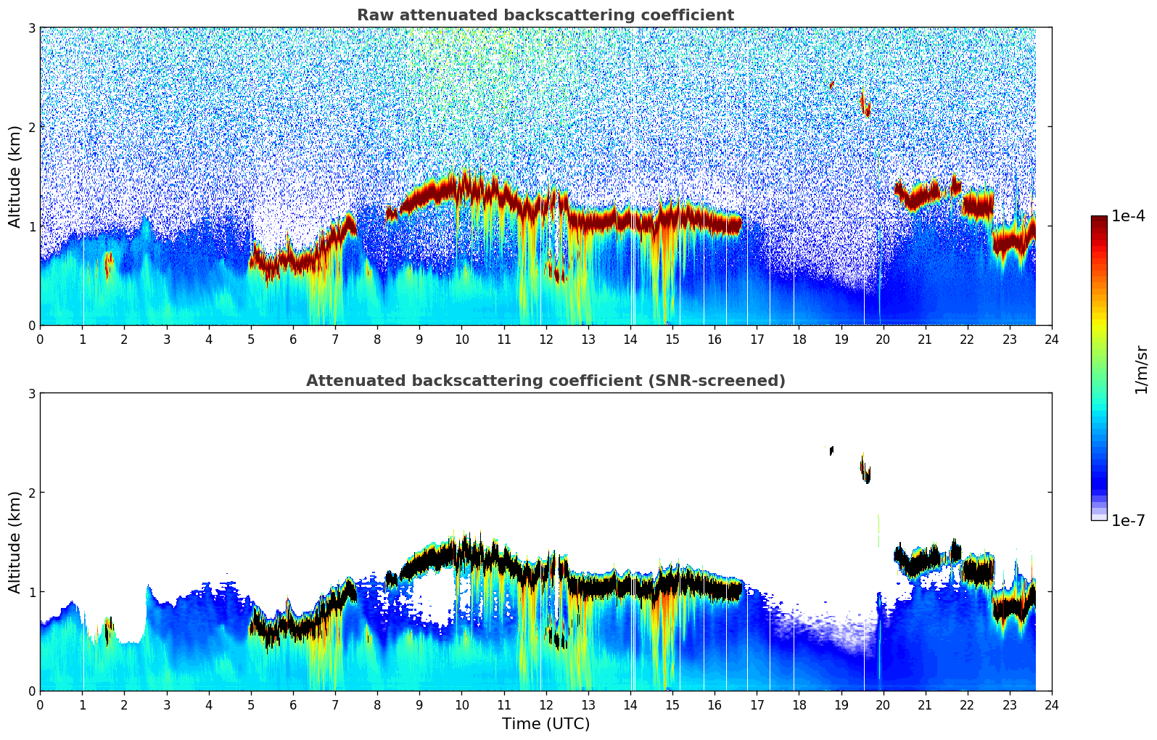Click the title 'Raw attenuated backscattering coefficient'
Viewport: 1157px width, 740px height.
pos(545,15)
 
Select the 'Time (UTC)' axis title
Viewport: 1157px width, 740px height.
pos(545,723)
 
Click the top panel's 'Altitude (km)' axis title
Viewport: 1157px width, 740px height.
pos(15,176)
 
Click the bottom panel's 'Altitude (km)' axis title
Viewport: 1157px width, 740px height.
pos(15,542)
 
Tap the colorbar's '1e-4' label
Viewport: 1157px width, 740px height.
pos(1128,216)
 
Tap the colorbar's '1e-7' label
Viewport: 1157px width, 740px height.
pos(1128,520)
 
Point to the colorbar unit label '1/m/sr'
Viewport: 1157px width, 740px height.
pos(1141,369)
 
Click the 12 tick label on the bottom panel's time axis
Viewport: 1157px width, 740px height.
pos(545,705)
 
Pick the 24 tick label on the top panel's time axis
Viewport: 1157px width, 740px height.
pos(1051,340)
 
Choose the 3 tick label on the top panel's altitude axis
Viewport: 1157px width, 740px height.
pos(31,28)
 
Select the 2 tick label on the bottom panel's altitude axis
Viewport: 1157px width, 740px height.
pos(31,493)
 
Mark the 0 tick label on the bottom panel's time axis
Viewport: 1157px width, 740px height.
pos(40,705)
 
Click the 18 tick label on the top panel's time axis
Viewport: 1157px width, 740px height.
pos(799,340)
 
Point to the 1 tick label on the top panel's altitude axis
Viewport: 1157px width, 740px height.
pos(31,226)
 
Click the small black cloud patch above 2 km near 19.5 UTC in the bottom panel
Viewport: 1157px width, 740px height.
pos(865,470)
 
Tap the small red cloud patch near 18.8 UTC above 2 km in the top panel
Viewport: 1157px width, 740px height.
pos(831,85)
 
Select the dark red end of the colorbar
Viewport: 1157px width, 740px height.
pos(1098,220)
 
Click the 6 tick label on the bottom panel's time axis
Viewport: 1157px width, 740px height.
pos(293,705)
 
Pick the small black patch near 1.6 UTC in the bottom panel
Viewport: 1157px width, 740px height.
pos(107,633)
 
